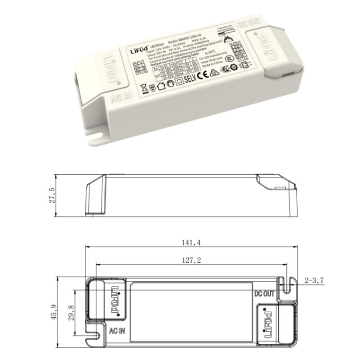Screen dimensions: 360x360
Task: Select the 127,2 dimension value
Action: pyautogui.click(x=190, y=261)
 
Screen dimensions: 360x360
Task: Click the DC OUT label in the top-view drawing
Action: pyautogui.click(x=265, y=294)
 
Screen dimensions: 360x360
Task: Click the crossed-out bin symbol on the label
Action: pyautogui.click(x=144, y=87)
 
